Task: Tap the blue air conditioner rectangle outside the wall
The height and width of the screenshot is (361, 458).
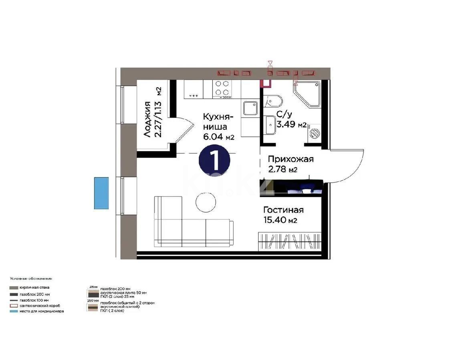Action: tap(101, 193)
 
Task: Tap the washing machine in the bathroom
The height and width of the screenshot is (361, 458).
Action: tap(315, 133)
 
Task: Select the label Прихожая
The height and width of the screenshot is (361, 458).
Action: tap(291, 159)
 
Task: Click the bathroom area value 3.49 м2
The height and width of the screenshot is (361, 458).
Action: tap(291, 124)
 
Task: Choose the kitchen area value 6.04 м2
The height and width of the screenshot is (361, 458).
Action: tap(218, 137)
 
